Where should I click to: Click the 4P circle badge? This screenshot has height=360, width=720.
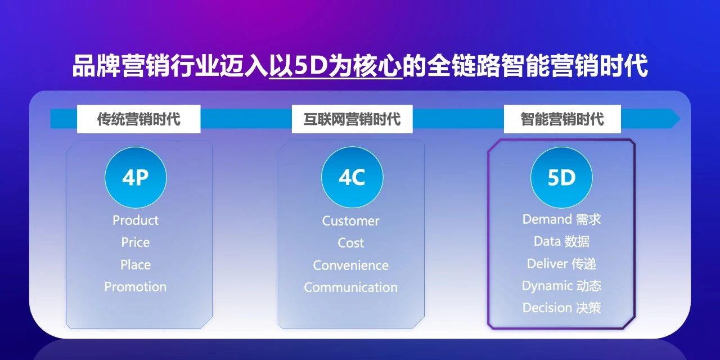[x=136, y=178]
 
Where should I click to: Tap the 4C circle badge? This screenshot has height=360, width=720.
[x=352, y=178]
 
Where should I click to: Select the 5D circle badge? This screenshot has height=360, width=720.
[x=561, y=178]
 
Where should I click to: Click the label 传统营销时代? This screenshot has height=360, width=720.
[x=138, y=119]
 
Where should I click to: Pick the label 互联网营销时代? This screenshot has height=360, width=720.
[x=352, y=119]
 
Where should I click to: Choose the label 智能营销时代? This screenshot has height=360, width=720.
[x=562, y=119]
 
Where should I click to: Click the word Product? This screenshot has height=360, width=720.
[x=136, y=220]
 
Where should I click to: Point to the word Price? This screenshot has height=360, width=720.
[x=136, y=242]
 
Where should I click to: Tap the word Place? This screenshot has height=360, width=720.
[x=136, y=264]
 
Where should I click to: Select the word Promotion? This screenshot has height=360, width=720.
[x=136, y=287]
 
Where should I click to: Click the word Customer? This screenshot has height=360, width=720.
[x=350, y=220]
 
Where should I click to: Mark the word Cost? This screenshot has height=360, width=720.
[x=350, y=243]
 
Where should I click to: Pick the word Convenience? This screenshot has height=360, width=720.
[x=350, y=265]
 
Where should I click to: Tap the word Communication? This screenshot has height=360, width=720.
[x=350, y=287]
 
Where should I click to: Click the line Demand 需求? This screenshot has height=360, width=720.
[x=561, y=219]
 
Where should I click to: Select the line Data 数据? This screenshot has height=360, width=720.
[x=561, y=241]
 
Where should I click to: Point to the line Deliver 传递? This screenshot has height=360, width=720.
[x=561, y=264]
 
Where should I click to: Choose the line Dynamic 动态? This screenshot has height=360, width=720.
[x=561, y=286]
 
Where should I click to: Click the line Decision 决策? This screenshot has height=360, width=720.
[x=561, y=308]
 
